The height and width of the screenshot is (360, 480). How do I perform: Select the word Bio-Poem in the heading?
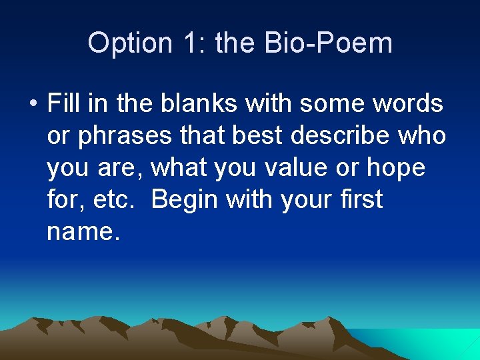(328, 43)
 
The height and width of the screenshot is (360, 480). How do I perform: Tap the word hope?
(396, 169)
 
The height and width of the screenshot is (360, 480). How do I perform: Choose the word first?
(360, 199)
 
